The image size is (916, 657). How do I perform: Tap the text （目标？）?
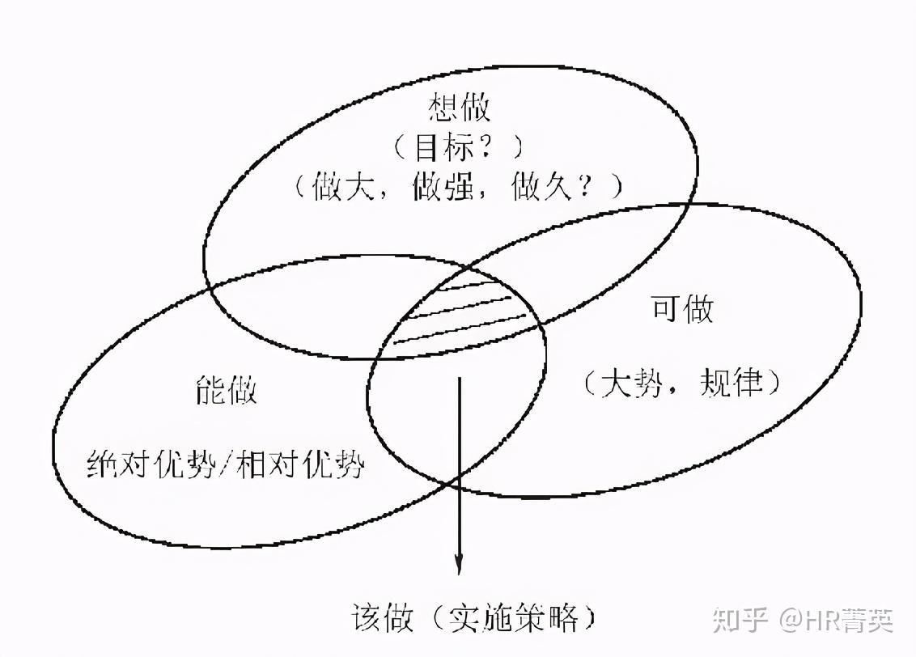point(459,149)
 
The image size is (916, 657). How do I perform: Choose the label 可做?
point(683,310)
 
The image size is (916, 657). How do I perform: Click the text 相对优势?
point(300,467)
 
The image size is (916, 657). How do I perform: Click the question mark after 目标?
point(490,149)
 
